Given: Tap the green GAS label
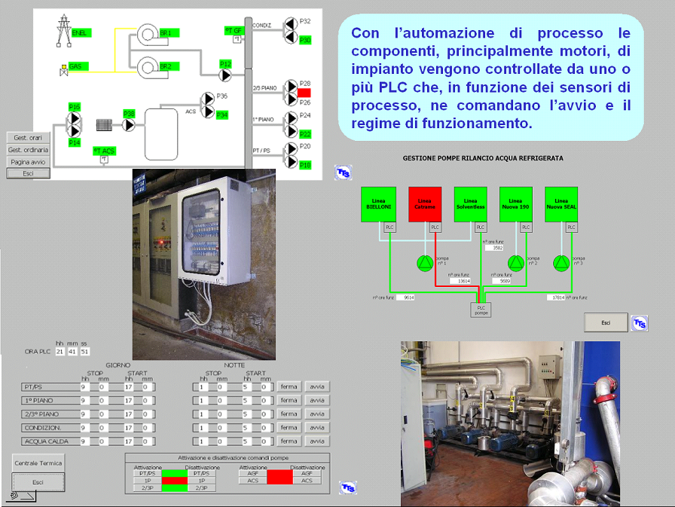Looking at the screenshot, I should [x=75, y=66].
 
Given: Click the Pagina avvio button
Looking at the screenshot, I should [x=29, y=161].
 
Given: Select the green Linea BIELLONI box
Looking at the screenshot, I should [x=379, y=204].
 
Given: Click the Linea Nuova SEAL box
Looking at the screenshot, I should [x=561, y=204].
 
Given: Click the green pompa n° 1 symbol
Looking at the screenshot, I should [x=425, y=263].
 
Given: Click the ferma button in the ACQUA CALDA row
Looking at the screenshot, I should [x=289, y=441].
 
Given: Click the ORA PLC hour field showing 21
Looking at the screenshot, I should [x=60, y=351].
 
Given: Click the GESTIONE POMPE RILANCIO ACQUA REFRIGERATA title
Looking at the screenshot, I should [x=483, y=159].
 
